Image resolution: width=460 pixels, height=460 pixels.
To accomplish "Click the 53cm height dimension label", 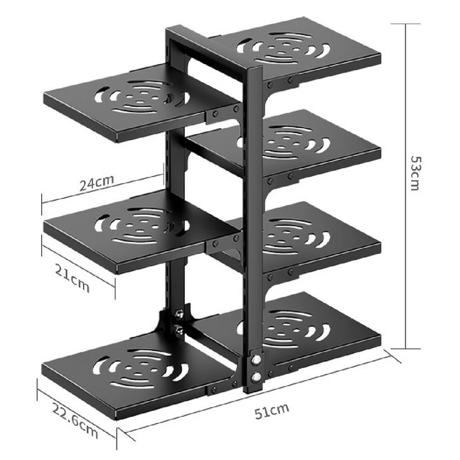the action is click(x=416, y=173).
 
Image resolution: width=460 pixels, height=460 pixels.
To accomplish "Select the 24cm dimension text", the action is click(x=96, y=182).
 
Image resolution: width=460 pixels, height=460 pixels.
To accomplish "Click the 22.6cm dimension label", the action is click(x=75, y=420).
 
